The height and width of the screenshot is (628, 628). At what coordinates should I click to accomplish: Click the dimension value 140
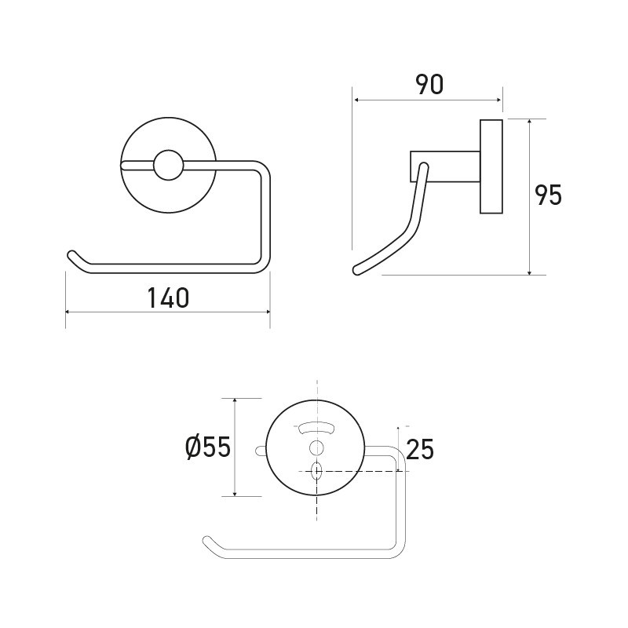tap(168, 298)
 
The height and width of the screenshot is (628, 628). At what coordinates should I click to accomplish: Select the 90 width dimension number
tap(429, 85)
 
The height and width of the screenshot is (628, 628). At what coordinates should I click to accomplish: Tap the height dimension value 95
tap(548, 195)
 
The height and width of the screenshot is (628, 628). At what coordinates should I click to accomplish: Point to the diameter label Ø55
tap(207, 447)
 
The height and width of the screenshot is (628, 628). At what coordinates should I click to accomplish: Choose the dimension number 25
tap(420, 449)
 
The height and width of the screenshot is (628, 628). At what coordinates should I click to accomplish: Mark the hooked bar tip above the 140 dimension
tap(71, 255)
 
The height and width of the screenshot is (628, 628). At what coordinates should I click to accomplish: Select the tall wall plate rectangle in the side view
tap(491, 166)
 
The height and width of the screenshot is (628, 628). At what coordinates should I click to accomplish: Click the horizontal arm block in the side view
tap(444, 166)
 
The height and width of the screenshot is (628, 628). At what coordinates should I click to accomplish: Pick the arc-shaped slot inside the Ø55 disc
tap(316, 428)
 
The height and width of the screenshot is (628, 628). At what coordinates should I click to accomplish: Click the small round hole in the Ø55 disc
tap(316, 447)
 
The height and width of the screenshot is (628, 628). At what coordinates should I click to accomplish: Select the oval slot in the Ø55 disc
tap(316, 471)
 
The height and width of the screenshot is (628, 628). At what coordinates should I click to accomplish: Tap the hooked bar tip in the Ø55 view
tap(207, 540)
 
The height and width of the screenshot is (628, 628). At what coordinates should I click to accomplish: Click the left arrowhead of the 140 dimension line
tap(68, 312)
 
